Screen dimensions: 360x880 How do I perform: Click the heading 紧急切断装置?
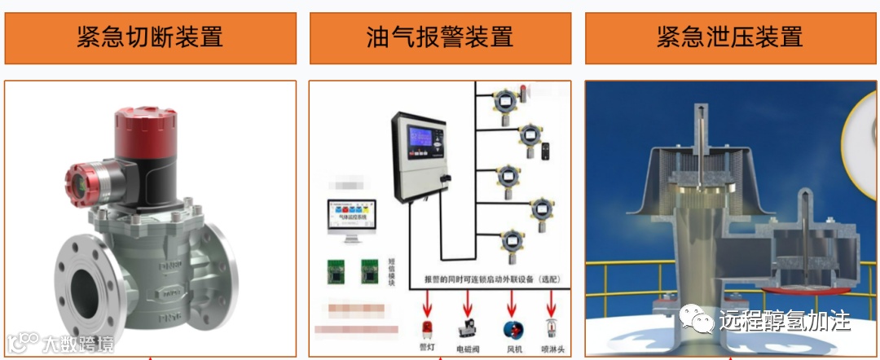pyautogui.click(x=150, y=37)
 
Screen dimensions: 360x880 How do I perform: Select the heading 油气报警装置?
pyautogui.click(x=440, y=37)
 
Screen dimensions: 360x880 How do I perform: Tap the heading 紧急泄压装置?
pyautogui.click(x=730, y=37)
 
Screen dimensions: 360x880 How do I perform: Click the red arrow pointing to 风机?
pyautogui.click(x=512, y=305)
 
